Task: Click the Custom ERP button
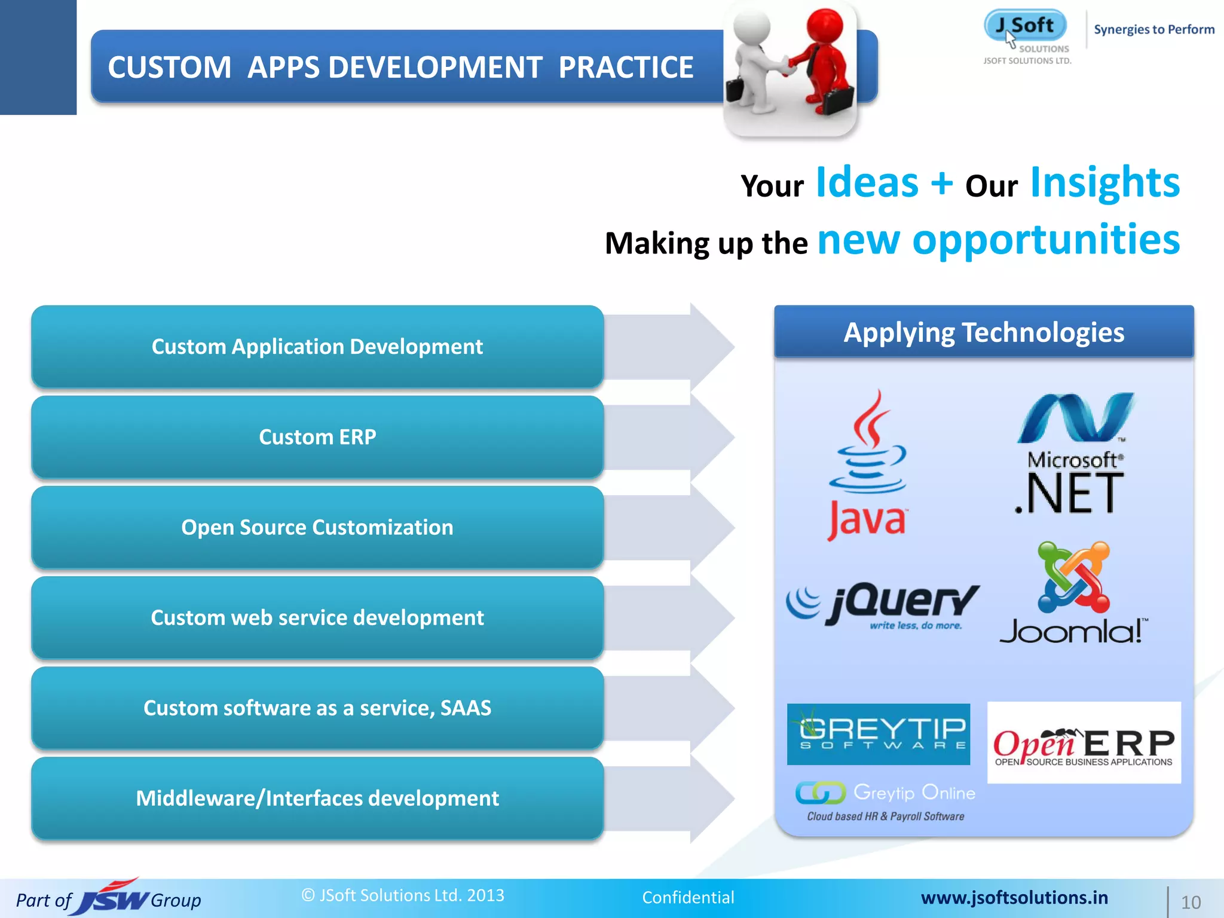[x=317, y=437]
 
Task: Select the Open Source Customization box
[x=317, y=527]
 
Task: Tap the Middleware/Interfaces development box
[x=317, y=798]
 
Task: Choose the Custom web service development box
[x=317, y=617]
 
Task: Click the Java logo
[x=868, y=466]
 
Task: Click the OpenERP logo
[x=1084, y=743]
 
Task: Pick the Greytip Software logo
[x=878, y=734]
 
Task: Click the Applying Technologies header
[x=984, y=332]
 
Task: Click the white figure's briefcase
[x=735, y=90]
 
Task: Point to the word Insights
[x=1104, y=183]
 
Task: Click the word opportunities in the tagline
[x=1046, y=240]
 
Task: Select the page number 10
[x=1191, y=902]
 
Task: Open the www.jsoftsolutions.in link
[x=1014, y=897]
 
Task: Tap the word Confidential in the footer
[x=688, y=897]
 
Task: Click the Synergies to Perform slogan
[x=1153, y=29]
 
